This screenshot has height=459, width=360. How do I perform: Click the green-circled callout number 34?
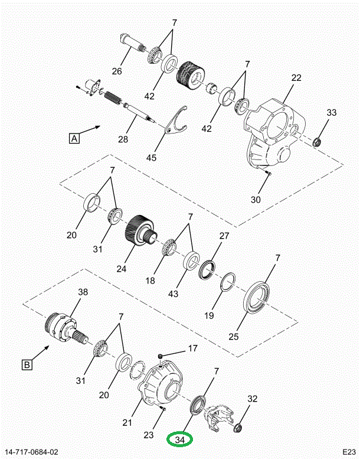[179, 440]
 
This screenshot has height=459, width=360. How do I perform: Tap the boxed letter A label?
[74, 138]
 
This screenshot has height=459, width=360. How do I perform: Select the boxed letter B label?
[27, 365]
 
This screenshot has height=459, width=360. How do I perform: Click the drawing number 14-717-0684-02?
[30, 453]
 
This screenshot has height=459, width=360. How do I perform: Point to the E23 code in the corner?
[349, 452]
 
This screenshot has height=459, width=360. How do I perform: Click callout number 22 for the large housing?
[296, 78]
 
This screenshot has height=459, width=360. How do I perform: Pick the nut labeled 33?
[317, 142]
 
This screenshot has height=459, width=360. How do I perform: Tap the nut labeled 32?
[238, 428]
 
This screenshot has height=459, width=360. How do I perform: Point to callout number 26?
[117, 71]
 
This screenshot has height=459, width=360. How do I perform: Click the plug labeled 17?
[161, 356]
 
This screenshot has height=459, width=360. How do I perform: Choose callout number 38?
[83, 292]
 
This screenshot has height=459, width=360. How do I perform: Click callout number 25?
[234, 336]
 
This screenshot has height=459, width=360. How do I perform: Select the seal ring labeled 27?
[207, 269]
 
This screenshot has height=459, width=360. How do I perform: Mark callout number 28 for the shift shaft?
[123, 139]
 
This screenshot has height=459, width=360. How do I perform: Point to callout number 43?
[173, 294]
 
